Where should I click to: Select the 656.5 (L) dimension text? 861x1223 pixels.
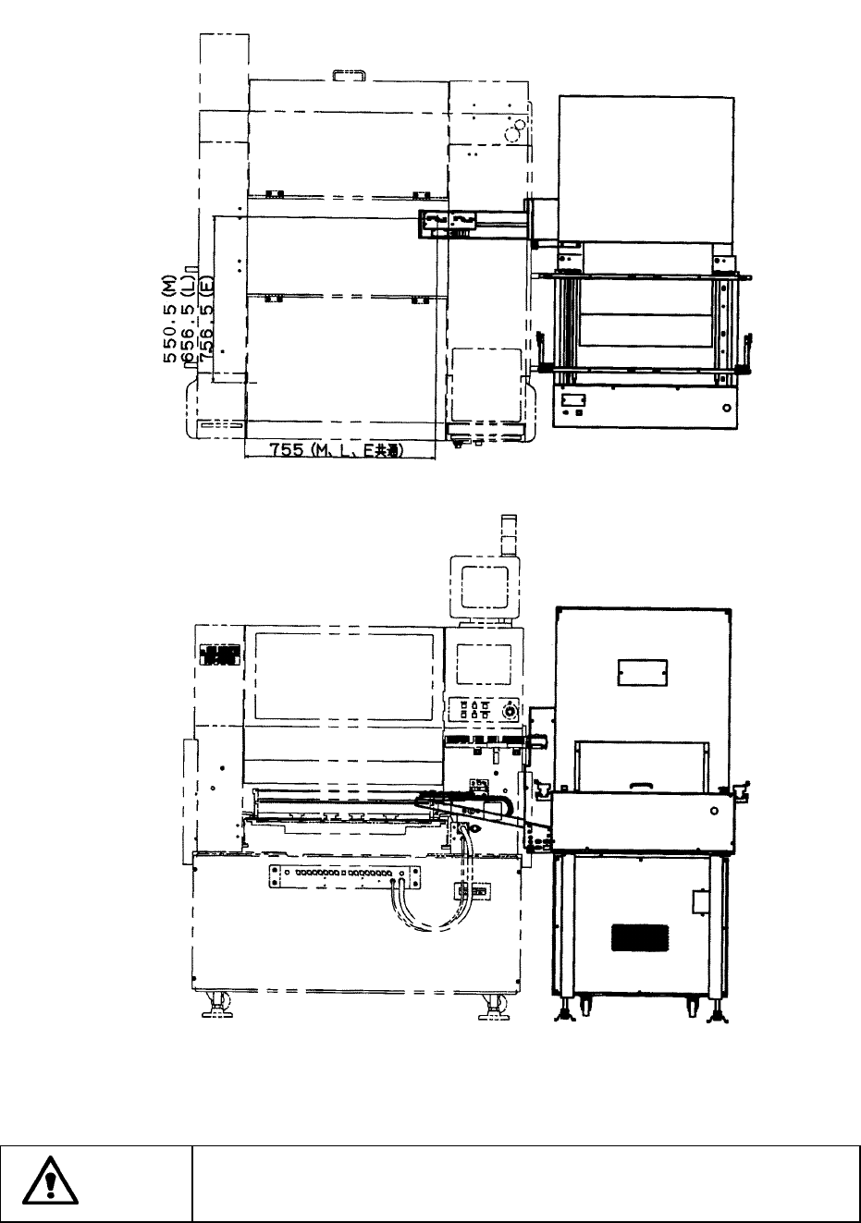click(x=190, y=322)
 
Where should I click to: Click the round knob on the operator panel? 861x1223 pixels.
click(x=509, y=710)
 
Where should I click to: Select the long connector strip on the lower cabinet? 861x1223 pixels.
click(x=343, y=874)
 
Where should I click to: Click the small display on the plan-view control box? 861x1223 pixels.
click(x=573, y=401)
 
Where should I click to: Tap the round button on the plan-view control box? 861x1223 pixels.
click(x=726, y=407)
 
